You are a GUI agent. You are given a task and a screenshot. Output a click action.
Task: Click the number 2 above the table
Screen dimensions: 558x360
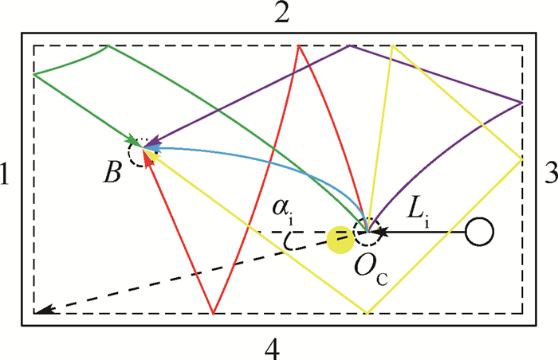[x=281, y=13]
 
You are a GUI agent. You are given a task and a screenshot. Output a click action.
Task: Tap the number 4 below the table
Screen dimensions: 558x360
[x=273, y=349]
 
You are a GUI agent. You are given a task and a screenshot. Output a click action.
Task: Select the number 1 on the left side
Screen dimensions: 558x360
[x=4, y=174]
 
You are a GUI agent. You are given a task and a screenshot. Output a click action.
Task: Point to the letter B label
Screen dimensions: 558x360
[x=112, y=174]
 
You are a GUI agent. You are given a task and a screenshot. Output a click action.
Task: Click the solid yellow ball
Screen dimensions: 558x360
[x=340, y=240]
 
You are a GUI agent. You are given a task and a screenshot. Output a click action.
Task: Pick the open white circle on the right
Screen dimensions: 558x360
[x=479, y=232]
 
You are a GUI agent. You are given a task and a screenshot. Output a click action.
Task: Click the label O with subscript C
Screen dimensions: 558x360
[x=371, y=270]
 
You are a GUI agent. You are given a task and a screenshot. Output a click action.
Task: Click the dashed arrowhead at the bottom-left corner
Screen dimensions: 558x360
[x=45, y=310]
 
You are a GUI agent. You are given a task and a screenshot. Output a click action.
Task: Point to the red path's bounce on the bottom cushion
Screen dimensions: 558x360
[x=213, y=313]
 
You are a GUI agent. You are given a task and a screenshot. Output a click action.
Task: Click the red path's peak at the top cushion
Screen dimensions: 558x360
[x=299, y=45]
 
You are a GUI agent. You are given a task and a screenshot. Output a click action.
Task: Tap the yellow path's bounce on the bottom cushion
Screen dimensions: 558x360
[x=367, y=313]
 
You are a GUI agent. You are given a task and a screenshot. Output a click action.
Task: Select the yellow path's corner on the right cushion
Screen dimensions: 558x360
[x=521, y=159]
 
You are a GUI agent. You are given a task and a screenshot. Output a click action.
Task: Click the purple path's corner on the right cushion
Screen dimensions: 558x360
[x=521, y=103]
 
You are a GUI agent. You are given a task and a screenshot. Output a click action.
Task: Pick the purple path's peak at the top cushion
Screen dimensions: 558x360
[x=350, y=45]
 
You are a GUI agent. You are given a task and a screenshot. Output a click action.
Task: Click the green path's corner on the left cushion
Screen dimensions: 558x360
[x=33, y=74]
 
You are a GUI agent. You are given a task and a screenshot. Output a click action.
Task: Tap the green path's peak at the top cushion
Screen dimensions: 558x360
[x=108, y=46]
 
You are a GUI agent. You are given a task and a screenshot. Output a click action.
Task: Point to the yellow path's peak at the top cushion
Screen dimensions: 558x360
[x=392, y=45]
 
